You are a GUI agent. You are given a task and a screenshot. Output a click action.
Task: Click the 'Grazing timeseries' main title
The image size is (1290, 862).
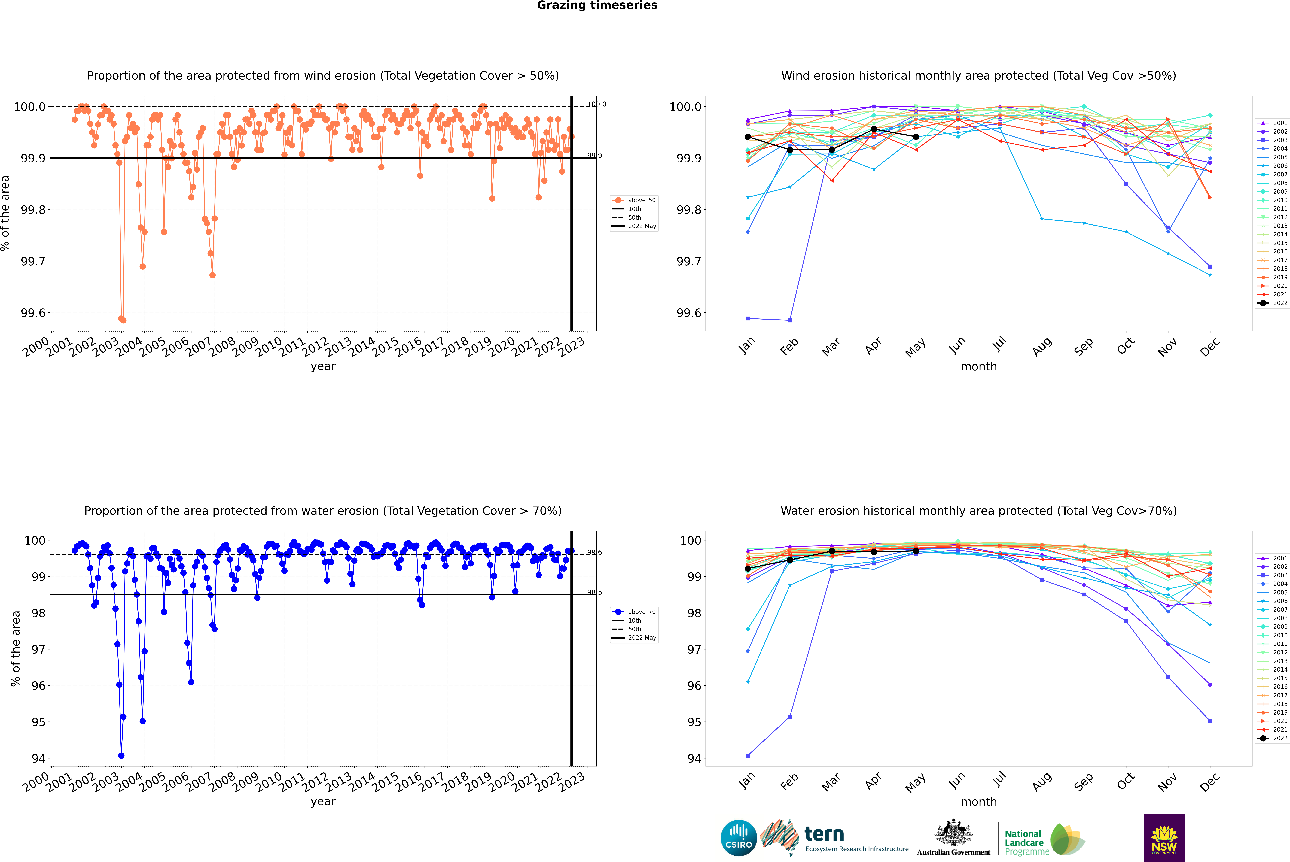[597, 5]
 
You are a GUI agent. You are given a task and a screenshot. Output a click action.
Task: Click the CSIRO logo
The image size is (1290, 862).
[739, 838]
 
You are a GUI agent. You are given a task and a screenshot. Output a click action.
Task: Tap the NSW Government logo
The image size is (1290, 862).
[1164, 838]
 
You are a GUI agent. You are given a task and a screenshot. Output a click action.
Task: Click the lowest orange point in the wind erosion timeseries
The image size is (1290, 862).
[123, 320]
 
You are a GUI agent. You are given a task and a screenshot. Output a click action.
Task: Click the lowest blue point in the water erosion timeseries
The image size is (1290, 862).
[121, 755]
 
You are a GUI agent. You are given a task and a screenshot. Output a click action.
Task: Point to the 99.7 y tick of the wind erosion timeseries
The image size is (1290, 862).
[33, 261]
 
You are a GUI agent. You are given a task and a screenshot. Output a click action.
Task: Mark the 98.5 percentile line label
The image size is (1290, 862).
[594, 592]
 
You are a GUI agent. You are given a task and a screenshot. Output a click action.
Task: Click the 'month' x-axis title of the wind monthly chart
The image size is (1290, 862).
[979, 366]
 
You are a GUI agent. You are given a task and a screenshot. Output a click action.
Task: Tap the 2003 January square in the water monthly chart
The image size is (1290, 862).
[748, 755]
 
